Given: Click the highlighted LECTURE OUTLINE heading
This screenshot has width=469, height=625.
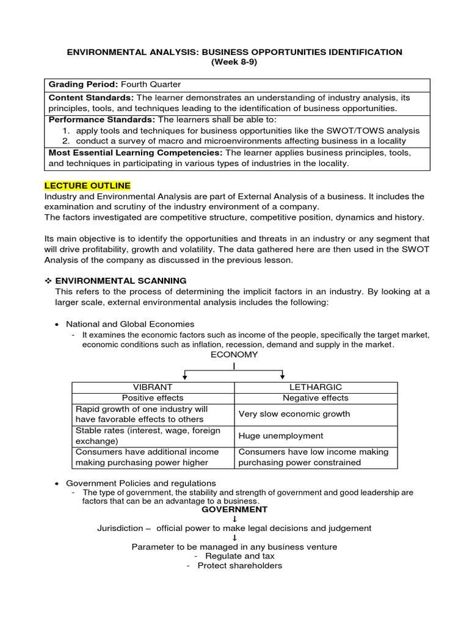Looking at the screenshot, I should pos(87,186).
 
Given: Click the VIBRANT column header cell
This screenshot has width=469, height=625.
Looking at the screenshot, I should pos(153,387).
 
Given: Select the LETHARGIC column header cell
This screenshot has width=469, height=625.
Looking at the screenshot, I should pos(315,387).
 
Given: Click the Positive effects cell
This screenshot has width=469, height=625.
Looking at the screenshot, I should pos(153,398).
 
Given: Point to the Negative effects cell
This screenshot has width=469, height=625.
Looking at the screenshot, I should pos(315,398).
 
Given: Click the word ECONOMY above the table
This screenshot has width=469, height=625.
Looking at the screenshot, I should pos(234,355).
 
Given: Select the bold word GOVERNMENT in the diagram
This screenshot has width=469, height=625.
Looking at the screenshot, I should pos(234,509).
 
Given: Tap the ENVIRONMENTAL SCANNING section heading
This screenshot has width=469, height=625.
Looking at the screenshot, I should pos(121,281).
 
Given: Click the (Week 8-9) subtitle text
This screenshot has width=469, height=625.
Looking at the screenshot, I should pos(234,62).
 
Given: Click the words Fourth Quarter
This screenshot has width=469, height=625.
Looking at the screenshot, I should pos(151,84).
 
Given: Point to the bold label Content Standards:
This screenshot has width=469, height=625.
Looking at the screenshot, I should pos(91,98).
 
